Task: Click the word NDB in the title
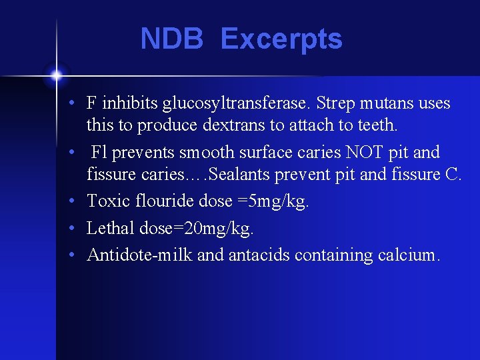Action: pos(171,39)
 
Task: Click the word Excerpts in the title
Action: pos(281,39)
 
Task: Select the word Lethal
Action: pos(111,228)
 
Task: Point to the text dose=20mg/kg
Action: pos(197,229)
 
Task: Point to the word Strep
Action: pos(333,104)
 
